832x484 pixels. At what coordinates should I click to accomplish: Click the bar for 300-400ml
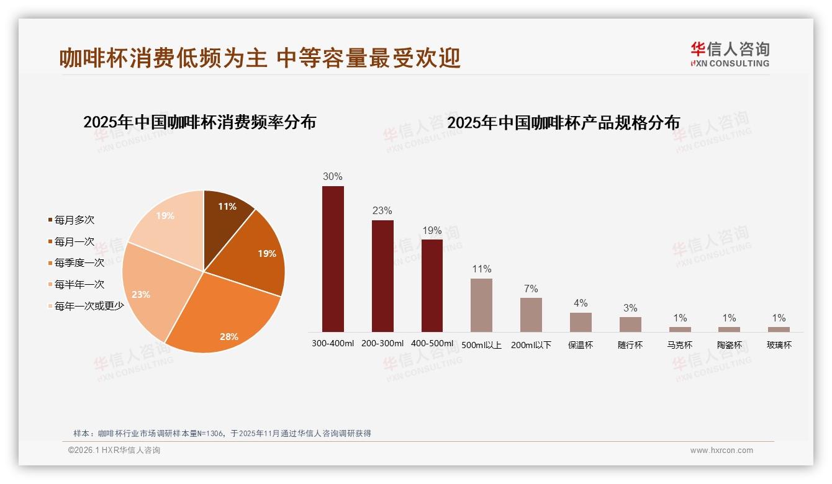tap(333, 259)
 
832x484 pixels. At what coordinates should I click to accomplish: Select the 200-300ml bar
tap(382, 276)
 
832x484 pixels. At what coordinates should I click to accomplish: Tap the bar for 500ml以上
tap(481, 305)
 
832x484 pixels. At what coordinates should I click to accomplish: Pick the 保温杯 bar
tap(581, 322)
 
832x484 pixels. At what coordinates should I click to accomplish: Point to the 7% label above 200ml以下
tap(531, 289)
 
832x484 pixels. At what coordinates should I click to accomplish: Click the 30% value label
tap(333, 177)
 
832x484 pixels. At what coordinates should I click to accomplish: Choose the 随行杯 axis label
tap(630, 345)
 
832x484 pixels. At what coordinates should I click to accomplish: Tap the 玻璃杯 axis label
tap(779, 345)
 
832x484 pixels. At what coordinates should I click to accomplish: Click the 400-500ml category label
tap(432, 344)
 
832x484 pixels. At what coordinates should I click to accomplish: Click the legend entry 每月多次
tap(75, 220)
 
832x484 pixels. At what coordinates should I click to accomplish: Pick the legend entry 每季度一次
tap(79, 263)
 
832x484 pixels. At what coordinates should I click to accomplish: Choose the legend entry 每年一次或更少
tap(89, 306)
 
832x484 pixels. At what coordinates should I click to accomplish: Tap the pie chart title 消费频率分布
tap(200, 122)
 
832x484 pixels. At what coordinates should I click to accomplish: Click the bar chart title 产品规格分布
tap(563, 122)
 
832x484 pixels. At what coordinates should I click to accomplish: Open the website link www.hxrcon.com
tap(721, 450)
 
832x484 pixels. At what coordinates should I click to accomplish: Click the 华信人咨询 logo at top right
tap(730, 54)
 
